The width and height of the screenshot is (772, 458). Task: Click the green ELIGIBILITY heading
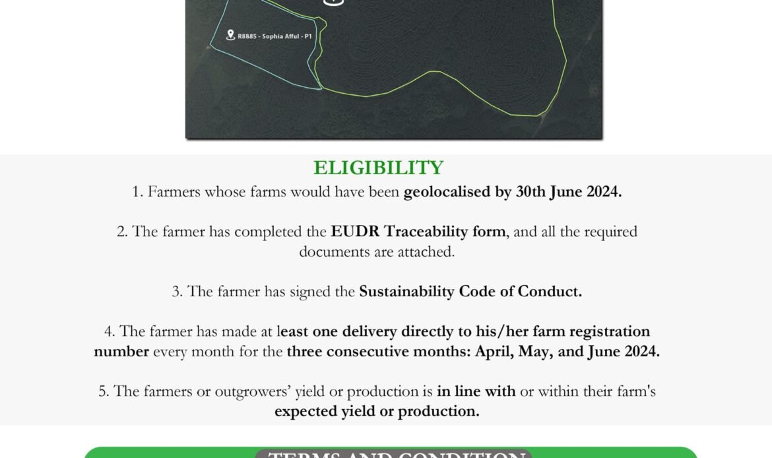(378, 168)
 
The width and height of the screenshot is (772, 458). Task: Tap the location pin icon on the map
(230, 35)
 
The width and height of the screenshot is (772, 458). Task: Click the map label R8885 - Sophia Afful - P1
(274, 36)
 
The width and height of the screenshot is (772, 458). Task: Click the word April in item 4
(494, 352)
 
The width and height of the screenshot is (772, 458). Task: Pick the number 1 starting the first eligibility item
(137, 192)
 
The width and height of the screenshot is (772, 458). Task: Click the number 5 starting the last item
(104, 391)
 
